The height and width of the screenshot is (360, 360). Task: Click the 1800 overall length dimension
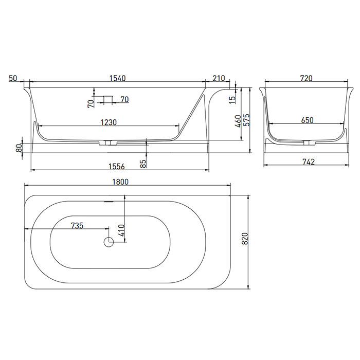click(x=120, y=182)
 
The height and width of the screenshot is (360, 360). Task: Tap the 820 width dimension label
click(x=245, y=238)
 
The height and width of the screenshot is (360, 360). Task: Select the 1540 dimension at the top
click(x=117, y=78)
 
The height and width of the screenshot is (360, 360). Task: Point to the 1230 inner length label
click(x=109, y=122)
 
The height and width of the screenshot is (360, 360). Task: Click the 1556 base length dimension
click(x=116, y=166)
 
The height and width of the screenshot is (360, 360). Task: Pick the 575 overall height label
click(x=246, y=120)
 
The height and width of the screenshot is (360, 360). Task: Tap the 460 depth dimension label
click(x=238, y=121)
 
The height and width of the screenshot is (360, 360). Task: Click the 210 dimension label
click(x=219, y=78)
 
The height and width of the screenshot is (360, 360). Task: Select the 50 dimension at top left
click(x=13, y=78)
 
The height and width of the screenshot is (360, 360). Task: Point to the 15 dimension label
click(x=232, y=100)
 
